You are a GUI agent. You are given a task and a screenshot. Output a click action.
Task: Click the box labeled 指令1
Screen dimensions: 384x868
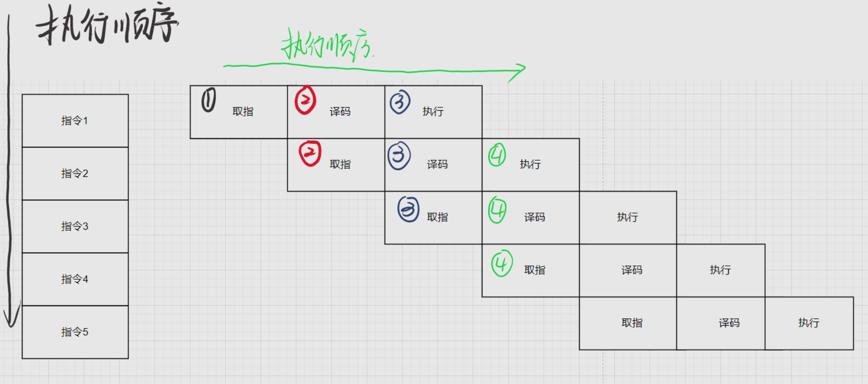pyautogui.click(x=75, y=120)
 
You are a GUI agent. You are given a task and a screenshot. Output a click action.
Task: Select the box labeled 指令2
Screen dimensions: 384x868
pyautogui.click(x=75, y=173)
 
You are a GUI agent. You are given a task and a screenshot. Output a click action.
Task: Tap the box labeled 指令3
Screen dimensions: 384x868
pyautogui.click(x=75, y=226)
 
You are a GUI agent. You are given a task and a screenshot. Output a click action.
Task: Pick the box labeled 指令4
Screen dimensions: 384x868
pyautogui.click(x=75, y=279)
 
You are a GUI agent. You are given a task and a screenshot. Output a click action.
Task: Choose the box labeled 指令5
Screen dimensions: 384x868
pyautogui.click(x=75, y=332)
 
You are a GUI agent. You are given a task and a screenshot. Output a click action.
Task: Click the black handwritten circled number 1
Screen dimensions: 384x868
pyautogui.click(x=209, y=100)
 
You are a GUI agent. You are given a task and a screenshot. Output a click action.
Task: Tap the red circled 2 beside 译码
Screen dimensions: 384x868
pyautogui.click(x=305, y=100)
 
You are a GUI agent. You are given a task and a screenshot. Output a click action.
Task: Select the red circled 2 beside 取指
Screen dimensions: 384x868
pyautogui.click(x=310, y=153)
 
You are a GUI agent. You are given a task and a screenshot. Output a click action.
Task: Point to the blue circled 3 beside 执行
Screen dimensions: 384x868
pyautogui.click(x=400, y=102)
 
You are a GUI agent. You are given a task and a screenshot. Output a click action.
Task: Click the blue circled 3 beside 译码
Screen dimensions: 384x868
pyautogui.click(x=399, y=156)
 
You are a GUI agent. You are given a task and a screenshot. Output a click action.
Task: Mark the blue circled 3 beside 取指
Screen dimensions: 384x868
pyautogui.click(x=408, y=209)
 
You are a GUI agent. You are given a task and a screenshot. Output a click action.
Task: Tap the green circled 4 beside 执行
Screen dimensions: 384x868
pyautogui.click(x=497, y=155)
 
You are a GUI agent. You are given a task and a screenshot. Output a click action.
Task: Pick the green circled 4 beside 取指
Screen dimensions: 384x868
pyautogui.click(x=502, y=264)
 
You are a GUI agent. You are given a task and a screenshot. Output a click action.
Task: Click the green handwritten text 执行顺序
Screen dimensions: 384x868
pyautogui.click(x=325, y=46)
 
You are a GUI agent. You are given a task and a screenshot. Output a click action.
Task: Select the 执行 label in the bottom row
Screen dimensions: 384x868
pyautogui.click(x=809, y=323)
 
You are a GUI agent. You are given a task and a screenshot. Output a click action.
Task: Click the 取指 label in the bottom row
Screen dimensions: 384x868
pyautogui.click(x=632, y=323)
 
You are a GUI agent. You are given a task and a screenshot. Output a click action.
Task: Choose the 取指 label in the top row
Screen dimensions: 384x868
pyautogui.click(x=243, y=112)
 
